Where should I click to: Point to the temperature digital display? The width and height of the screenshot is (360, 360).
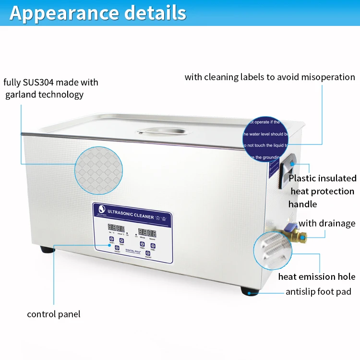(116, 228)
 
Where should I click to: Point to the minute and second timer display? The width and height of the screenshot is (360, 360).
(147, 232)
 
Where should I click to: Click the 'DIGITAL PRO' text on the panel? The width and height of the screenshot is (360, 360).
(132, 251)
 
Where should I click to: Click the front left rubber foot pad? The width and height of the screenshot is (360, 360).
(46, 250)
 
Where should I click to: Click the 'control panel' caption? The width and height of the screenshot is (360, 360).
(53, 314)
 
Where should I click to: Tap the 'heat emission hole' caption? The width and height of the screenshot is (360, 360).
(316, 276)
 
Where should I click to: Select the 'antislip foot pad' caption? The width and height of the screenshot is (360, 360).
(318, 291)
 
